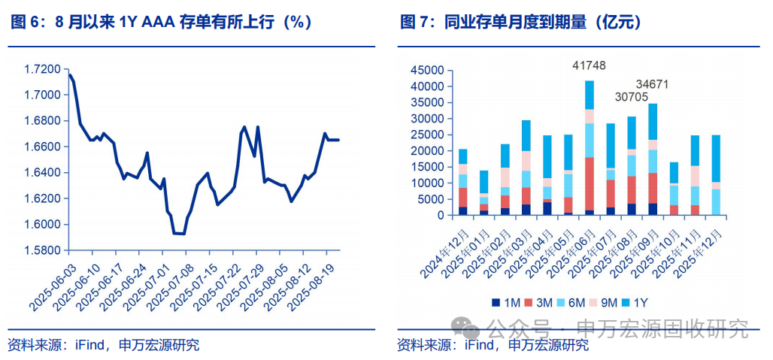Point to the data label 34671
coord(652,83)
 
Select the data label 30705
coord(631,97)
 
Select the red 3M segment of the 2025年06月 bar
coord(590,183)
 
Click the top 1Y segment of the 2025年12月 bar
coord(716,159)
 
